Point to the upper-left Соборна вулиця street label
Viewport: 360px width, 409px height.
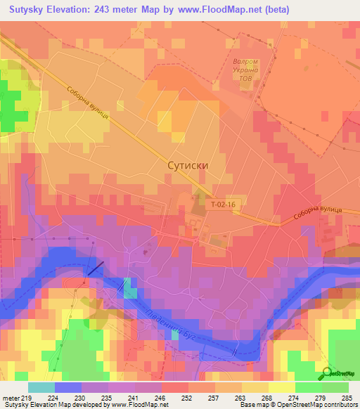pyautogui.click(x=88, y=103)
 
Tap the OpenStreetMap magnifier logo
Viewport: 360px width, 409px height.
pyautogui.click(x=328, y=373)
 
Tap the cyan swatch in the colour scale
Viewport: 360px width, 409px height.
pyautogui.click(x=41, y=388)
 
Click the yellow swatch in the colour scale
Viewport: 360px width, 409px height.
pyautogui.click(x=281, y=388)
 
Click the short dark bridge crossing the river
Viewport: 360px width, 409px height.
pyautogui.click(x=96, y=268)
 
